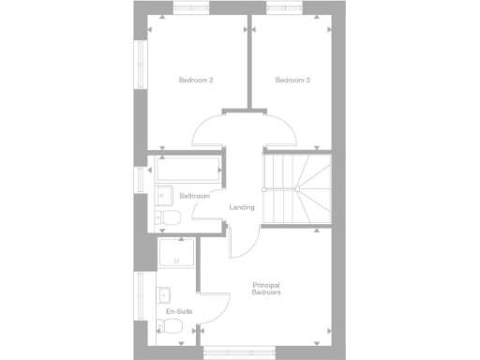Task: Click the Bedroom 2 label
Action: (196, 80)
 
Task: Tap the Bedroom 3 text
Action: (292, 80)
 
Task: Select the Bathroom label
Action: (195, 196)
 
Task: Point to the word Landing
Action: (243, 207)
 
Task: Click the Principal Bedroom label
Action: (267, 289)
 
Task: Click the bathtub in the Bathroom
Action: (187, 170)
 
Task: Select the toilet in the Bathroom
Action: (168, 217)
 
